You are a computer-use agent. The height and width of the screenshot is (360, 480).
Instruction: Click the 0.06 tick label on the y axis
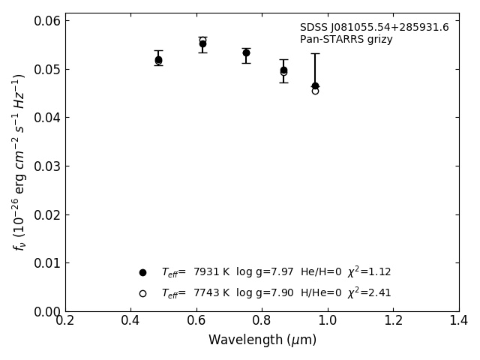(46, 21)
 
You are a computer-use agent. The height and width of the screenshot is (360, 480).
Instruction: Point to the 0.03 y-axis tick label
(46, 166)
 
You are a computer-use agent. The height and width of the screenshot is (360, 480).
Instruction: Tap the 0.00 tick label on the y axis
(46, 311)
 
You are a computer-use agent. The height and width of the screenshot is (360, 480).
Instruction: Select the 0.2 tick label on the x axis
(65, 321)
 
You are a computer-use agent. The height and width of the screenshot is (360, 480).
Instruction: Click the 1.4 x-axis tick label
(459, 321)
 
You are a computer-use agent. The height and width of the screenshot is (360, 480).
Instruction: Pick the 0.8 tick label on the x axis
(262, 321)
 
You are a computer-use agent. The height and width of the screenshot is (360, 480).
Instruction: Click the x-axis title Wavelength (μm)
(262, 340)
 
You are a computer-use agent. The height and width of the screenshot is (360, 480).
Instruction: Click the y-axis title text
(19, 162)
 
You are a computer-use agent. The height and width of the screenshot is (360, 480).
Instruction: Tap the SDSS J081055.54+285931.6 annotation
(374, 28)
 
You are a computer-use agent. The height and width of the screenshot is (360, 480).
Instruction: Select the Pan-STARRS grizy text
(346, 40)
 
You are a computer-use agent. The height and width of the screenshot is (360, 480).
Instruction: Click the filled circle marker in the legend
(142, 272)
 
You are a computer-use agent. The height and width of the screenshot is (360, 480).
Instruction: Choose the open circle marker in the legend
(142, 293)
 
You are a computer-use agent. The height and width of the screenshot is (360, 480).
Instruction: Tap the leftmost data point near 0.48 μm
(158, 60)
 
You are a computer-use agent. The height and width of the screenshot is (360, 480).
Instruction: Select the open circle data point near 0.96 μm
(315, 91)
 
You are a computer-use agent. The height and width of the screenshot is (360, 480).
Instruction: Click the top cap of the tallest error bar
(315, 53)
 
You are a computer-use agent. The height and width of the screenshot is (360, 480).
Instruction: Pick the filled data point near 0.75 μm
(246, 52)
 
